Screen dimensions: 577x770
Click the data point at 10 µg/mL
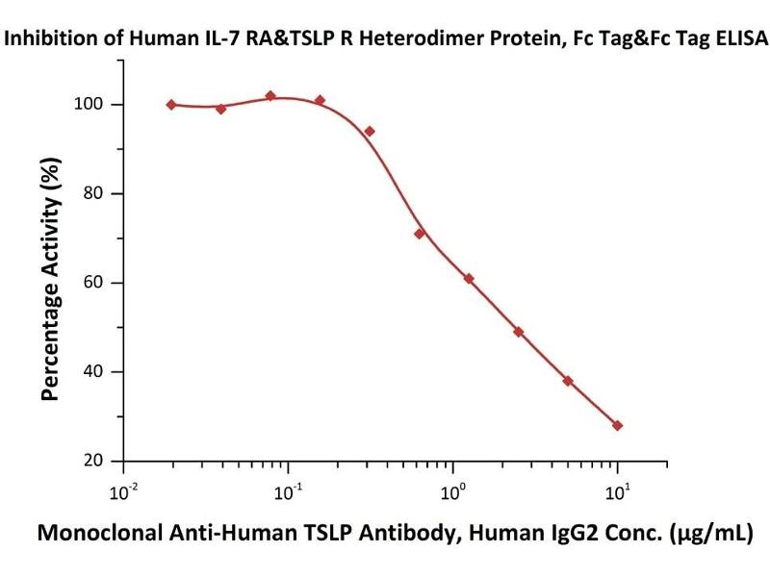coord(617,425)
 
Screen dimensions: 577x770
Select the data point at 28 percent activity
coord(617,425)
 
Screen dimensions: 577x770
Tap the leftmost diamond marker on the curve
coord(171,105)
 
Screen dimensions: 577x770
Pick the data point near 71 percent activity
coord(420,234)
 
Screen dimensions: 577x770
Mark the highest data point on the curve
coord(270,96)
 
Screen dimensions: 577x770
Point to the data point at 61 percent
coord(469,279)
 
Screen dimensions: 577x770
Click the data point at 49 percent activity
coord(519,332)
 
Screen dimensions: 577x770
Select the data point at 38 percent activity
coord(568,381)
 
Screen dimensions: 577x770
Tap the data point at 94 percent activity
coord(370,131)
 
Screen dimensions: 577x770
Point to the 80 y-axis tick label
coord(99,193)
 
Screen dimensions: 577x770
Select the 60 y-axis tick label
coord(99,283)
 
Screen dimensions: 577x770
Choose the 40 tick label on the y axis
coord(99,372)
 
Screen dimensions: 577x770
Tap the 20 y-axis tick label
coord(99,461)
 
